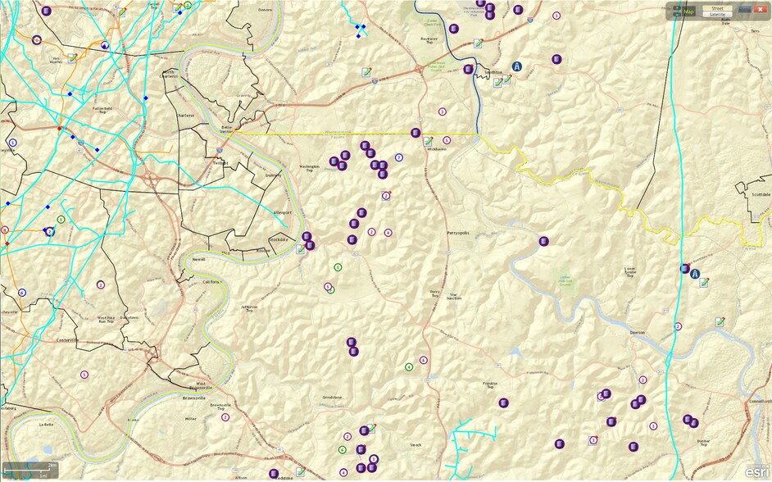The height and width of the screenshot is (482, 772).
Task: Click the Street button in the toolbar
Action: (x=717, y=8)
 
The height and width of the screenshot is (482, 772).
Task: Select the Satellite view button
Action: (x=717, y=15)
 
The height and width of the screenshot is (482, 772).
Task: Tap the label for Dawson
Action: (x=638, y=333)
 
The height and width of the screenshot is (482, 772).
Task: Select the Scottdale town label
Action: (x=760, y=195)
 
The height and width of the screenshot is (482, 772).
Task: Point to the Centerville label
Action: (x=67, y=339)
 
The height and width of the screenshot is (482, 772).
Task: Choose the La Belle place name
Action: (x=46, y=425)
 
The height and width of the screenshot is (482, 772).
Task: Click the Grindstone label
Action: (x=331, y=397)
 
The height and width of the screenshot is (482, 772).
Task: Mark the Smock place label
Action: (x=416, y=445)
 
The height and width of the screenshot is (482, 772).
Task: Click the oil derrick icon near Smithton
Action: (x=517, y=66)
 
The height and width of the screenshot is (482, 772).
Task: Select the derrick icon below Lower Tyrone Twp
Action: (x=695, y=274)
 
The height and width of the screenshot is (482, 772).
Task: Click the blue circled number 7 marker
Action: (x=399, y=157)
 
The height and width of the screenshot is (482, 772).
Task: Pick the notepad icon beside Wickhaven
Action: (x=428, y=142)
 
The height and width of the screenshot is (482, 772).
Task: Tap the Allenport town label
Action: (x=282, y=212)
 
